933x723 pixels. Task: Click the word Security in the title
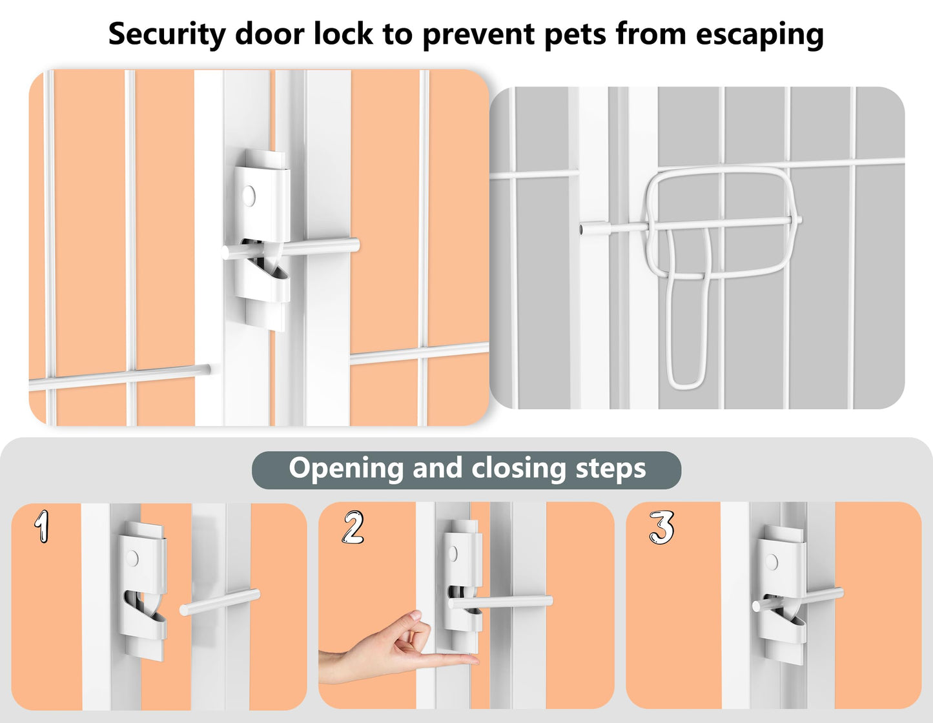click(167, 34)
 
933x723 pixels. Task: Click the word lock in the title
click(343, 34)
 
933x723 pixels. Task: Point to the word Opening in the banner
click(346, 468)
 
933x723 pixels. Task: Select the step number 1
click(42, 527)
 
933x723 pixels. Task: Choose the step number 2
click(353, 527)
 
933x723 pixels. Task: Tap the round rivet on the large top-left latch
click(248, 195)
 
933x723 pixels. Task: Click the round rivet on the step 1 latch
click(132, 558)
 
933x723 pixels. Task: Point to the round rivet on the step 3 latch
click(772, 561)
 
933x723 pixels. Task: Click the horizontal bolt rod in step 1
click(220, 602)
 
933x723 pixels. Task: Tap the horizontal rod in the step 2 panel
click(500, 602)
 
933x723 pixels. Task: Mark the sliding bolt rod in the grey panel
click(690, 225)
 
